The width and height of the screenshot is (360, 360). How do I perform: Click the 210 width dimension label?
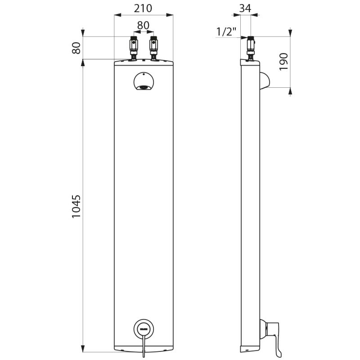click(x=143, y=8)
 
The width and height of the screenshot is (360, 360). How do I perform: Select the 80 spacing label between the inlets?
click(x=143, y=26)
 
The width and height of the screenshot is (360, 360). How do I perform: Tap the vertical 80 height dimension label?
click(x=77, y=47)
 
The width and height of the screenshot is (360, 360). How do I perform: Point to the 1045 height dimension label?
click(x=77, y=207)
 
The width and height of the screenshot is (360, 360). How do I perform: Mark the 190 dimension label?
click(x=283, y=62)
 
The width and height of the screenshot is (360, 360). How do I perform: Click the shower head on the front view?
click(x=144, y=82)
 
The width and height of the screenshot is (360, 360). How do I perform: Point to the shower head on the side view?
click(x=264, y=81)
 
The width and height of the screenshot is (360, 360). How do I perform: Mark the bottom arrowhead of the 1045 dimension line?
click(x=83, y=348)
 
